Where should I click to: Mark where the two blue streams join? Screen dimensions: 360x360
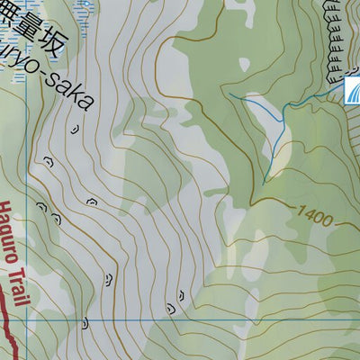(x=287, y=108)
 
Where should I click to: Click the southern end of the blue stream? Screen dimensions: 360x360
(x=263, y=184)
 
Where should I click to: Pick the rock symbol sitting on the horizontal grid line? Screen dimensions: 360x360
(x=85, y=321)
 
